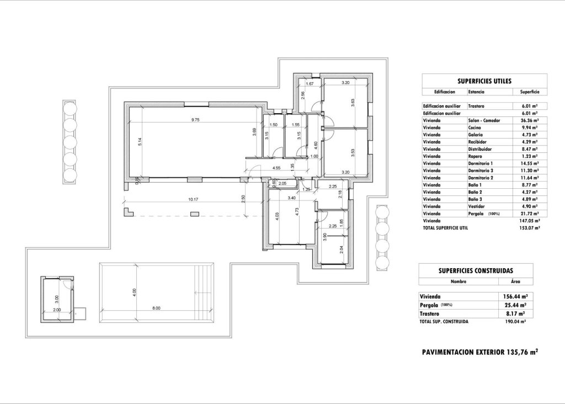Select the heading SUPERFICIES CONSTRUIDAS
pos(476,270)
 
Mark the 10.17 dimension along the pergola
pos(193,199)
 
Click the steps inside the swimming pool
pos(205,293)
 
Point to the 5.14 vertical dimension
pos(141,142)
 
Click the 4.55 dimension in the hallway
pos(276,168)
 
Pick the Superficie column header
pos(526,92)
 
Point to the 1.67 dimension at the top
pos(310,83)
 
